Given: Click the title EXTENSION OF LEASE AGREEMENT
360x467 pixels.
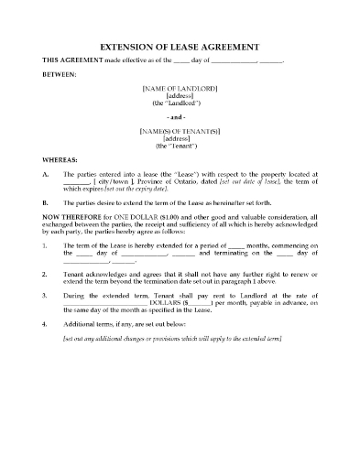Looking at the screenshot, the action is pos(180,46).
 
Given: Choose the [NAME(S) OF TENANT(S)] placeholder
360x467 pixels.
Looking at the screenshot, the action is pos(180,131).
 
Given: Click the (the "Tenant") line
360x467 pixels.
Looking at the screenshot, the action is pos(180,146).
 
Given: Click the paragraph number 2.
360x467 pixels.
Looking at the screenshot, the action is pos(45,273).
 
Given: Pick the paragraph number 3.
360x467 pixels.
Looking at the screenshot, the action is pos(45,297).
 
